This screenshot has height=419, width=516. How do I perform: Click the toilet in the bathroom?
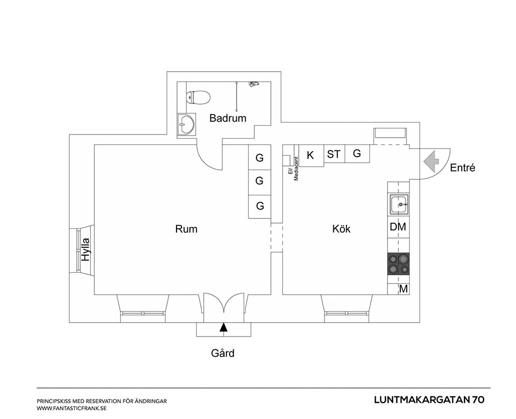pos(199,97)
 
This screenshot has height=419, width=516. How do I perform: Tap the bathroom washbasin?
pos(185,124)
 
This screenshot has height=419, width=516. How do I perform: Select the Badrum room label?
pos(228,118)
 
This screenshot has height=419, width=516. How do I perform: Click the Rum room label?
pos(186,229)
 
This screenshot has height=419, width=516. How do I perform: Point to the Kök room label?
pos(341,229)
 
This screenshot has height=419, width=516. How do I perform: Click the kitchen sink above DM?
pos(399,205)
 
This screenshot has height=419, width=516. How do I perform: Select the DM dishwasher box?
pos(398,227)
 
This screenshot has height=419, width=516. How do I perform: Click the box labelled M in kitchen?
pos(404,289)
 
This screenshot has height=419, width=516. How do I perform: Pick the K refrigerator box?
pos(311,155)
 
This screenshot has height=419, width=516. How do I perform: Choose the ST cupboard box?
pos(333,154)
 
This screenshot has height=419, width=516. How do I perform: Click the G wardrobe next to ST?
pos(357,153)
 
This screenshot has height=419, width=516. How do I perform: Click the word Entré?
pos(462,167)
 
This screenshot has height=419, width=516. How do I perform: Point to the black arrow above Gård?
pos(223,327)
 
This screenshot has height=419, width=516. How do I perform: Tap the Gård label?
pos(222,354)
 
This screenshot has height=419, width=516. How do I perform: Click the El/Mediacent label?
pos(293,169)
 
